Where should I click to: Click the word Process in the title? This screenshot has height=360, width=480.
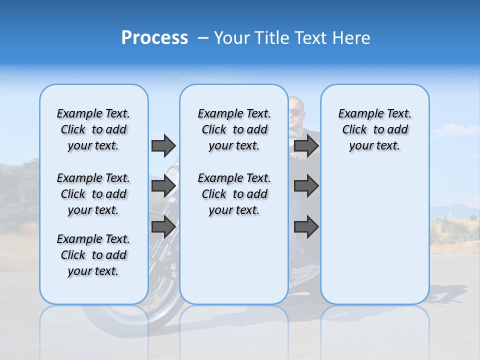click(154, 38)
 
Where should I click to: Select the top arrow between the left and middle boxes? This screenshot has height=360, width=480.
click(163, 145)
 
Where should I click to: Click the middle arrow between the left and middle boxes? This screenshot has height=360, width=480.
click(163, 186)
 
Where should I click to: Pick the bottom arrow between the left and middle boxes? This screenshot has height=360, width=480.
click(163, 227)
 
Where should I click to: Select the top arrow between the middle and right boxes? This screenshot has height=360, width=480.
click(306, 145)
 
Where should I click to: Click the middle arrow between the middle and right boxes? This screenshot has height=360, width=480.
click(306, 186)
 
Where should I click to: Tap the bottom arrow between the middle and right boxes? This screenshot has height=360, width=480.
click(306, 227)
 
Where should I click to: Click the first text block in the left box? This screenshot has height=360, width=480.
click(93, 129)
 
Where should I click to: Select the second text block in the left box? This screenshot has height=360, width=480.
click(93, 194)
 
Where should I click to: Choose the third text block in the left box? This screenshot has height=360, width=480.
click(93, 255)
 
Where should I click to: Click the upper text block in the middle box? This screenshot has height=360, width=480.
click(234, 129)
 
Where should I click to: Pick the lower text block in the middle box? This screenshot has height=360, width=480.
click(234, 194)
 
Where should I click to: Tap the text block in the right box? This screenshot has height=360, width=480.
click(374, 129)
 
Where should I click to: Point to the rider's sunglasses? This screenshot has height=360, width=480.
click(295, 112)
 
